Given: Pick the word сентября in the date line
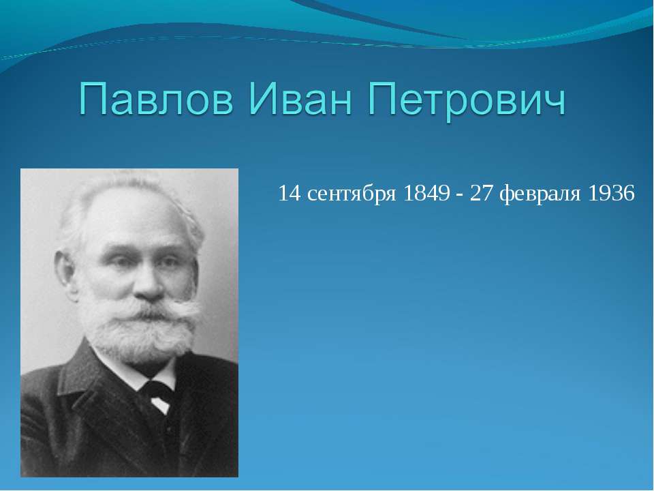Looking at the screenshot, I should (x=352, y=195).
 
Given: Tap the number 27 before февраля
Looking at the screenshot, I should (x=481, y=194).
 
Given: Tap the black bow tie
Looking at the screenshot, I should (x=158, y=391).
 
